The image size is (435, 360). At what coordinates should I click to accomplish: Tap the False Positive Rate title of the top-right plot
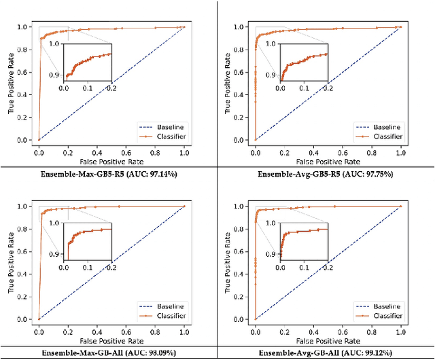[x=328, y=162]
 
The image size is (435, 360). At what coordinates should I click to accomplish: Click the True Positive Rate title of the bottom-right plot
[x=228, y=263]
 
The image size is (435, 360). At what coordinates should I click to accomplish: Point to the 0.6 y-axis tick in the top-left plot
[x=26, y=72]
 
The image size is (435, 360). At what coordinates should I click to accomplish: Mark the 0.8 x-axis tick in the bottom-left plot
[x=155, y=330]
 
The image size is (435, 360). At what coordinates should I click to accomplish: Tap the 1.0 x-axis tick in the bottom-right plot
[x=400, y=330]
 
